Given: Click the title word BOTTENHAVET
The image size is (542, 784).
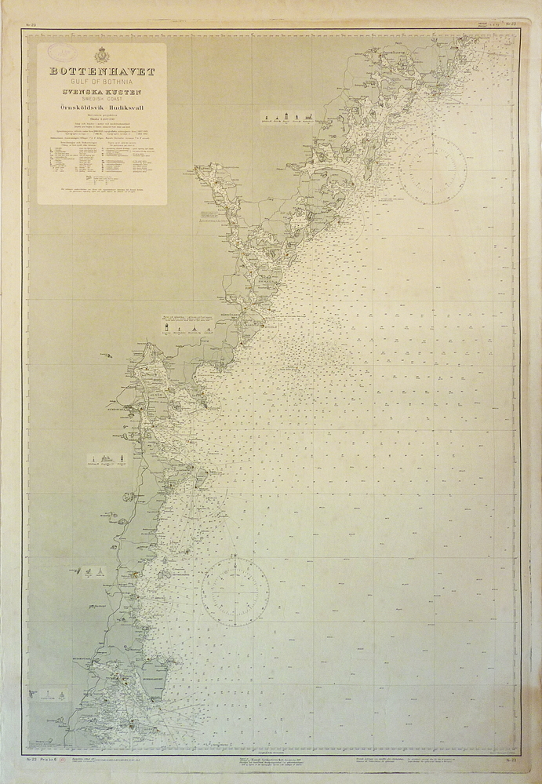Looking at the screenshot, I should coord(102,71).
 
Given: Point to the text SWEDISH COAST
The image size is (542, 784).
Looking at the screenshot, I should coord(102,100).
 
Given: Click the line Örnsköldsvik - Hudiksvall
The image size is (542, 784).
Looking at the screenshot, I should coord(102,108).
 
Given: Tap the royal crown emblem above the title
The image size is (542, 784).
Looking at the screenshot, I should coord(101,55).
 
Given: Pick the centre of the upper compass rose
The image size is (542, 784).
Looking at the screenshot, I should coord(432,170).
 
